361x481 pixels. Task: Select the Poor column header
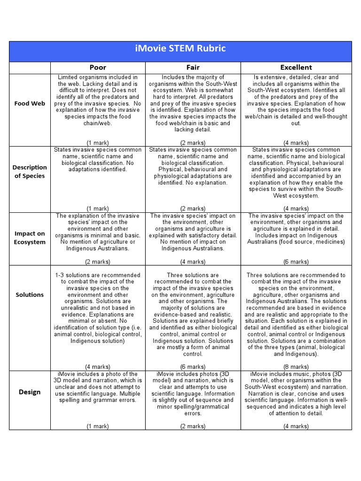(98, 68)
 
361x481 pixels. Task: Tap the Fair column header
(193, 68)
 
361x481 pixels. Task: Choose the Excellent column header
(296, 68)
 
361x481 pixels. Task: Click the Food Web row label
(29, 103)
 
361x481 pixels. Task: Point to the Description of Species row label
(29, 171)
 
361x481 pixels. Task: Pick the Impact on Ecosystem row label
(29, 238)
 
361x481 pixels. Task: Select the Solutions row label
(29, 295)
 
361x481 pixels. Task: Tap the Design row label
(29, 392)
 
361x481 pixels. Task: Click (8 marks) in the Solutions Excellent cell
(296, 366)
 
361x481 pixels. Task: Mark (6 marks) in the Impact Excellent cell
(296, 262)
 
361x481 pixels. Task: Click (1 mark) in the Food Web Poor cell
(98, 142)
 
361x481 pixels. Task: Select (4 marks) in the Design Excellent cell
(296, 426)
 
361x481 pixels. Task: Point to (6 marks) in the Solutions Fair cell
(193, 366)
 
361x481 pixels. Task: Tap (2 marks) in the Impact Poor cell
(98, 262)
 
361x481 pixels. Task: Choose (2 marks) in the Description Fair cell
(193, 208)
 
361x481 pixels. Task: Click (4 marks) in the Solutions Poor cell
(98, 366)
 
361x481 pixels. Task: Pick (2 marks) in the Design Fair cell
(193, 426)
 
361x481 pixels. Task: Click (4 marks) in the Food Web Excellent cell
(296, 142)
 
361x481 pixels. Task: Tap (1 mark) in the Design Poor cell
(98, 426)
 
